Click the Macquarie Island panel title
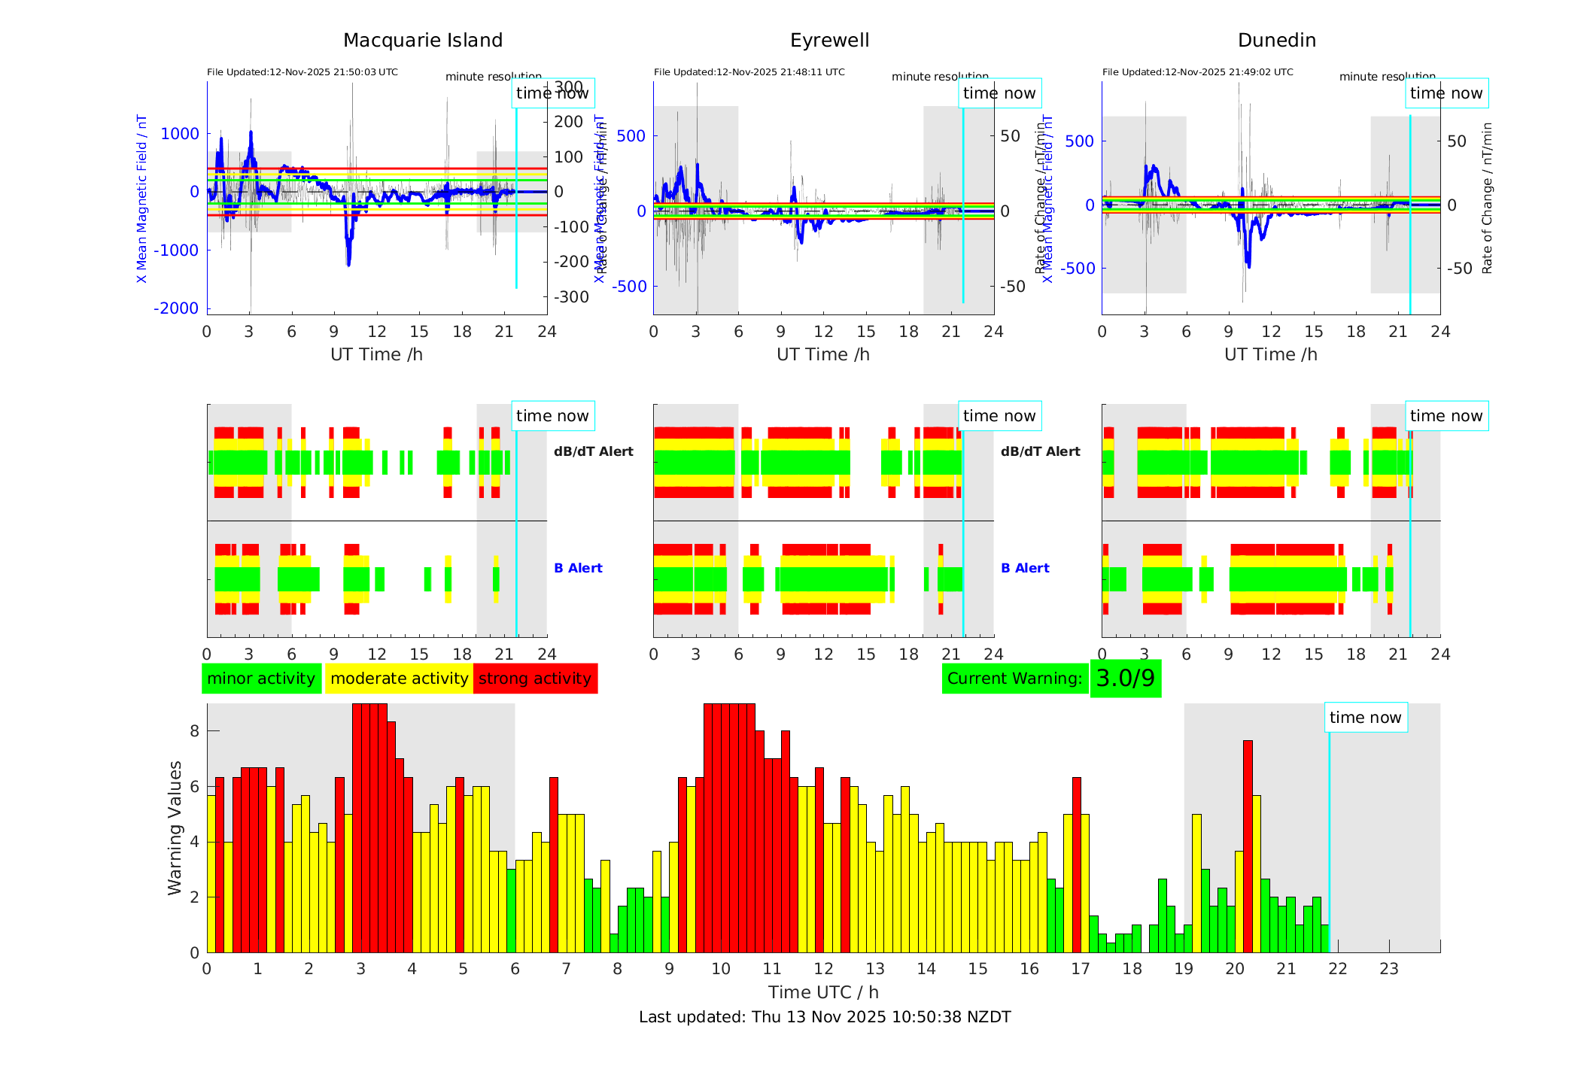point(423,41)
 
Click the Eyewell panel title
point(829,41)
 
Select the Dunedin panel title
point(1276,41)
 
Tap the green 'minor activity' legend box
point(261,679)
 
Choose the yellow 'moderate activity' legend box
point(399,679)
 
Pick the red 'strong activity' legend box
point(535,679)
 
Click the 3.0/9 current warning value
point(1125,679)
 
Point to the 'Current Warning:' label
point(1014,679)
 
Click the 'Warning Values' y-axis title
point(175,827)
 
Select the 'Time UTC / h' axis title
point(823,992)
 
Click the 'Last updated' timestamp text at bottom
point(825,1017)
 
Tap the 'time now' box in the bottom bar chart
point(1365,718)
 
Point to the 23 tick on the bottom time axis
point(1389,969)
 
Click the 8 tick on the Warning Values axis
point(195,731)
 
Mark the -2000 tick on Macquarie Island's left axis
point(176,308)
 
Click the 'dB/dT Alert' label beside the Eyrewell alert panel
point(1040,451)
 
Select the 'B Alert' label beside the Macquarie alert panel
point(578,568)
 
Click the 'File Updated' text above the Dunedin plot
point(1197,72)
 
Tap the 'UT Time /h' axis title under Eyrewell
point(823,354)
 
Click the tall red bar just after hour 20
point(1248,846)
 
